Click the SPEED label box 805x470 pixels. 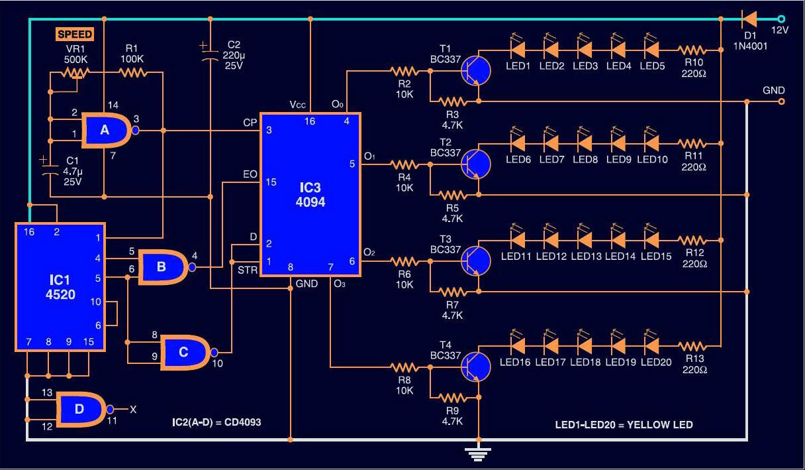pyautogui.click(x=75, y=34)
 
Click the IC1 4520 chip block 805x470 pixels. pyautogui.click(x=60, y=287)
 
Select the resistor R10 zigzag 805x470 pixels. pyautogui.click(x=692, y=50)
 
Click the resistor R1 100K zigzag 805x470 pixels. pyautogui.click(x=132, y=73)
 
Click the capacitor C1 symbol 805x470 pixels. pyautogui.click(x=50, y=168)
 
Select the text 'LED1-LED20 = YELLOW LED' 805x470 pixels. pyautogui.click(x=624, y=424)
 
